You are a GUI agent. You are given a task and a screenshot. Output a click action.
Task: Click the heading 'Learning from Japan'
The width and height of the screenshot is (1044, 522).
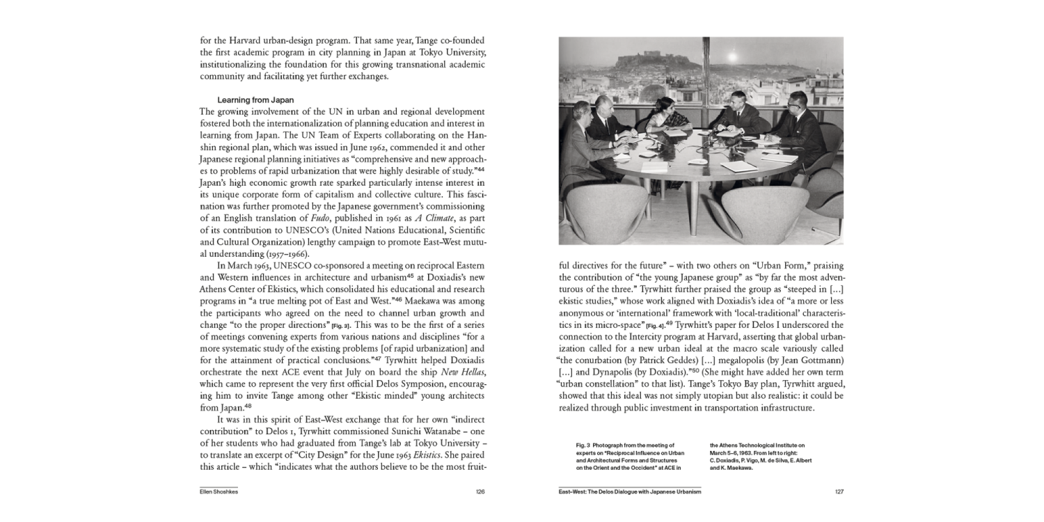pyautogui.click(x=255, y=100)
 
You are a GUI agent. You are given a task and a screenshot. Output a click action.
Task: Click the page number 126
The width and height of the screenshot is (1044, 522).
pyautogui.click(x=480, y=491)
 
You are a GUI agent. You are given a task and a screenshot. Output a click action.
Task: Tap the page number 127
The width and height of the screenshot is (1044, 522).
pyautogui.click(x=839, y=491)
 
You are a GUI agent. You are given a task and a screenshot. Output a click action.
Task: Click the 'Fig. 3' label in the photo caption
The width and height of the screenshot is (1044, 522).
pyautogui.click(x=583, y=444)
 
